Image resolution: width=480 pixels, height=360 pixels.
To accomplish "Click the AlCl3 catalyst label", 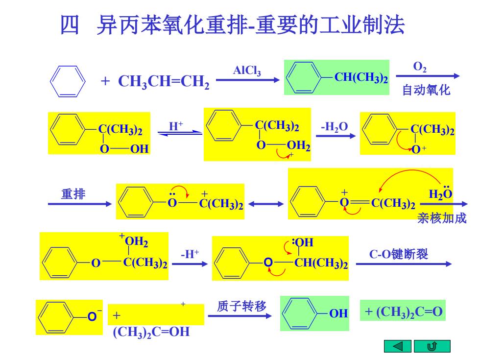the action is point(247,71).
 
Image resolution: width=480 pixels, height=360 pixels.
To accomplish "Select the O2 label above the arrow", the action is point(420,67).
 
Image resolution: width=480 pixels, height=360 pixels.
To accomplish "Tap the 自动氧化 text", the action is point(426,90).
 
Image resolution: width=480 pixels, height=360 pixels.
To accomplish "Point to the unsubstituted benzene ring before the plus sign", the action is point(68,81).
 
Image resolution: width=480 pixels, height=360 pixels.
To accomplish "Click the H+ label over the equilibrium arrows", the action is point(176,126).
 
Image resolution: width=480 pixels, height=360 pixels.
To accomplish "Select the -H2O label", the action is point(334,127).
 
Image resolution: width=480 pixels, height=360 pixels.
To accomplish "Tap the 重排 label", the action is point(73,194).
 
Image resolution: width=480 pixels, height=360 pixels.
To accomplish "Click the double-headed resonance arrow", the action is point(265,204).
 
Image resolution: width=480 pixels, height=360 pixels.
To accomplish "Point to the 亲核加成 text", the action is point(442,218).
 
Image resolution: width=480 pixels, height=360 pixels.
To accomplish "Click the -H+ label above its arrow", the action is point(190,254).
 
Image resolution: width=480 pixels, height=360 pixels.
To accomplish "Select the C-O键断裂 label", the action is point(399,254).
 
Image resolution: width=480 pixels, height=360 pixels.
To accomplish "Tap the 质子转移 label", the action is point(241,306).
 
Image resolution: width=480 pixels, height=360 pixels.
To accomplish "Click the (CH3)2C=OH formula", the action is point(151,332).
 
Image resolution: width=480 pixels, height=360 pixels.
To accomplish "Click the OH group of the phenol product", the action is point(338,313).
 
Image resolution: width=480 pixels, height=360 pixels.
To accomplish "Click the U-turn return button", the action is point(432,346).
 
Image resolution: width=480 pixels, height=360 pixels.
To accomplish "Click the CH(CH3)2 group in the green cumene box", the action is point(361,78).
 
